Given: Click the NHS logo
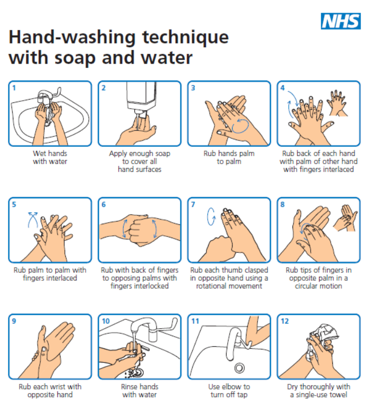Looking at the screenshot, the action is click(340, 21).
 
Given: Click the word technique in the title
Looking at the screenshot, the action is click(186, 37).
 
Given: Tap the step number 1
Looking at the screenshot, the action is click(14, 88).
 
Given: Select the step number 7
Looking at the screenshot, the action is click(193, 205).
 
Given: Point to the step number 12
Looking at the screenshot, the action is click(285, 321).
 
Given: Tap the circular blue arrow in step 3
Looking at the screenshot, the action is click(240, 126).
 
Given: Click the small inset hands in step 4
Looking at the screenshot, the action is click(337, 103).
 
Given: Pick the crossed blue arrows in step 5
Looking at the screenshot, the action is click(33, 219).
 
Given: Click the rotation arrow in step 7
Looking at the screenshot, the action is click(211, 216).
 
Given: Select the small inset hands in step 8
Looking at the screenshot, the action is click(345, 218).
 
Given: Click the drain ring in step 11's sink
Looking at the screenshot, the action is click(239, 368).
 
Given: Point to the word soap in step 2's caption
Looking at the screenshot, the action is click(163, 154).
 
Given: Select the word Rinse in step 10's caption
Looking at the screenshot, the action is click(128, 387).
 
